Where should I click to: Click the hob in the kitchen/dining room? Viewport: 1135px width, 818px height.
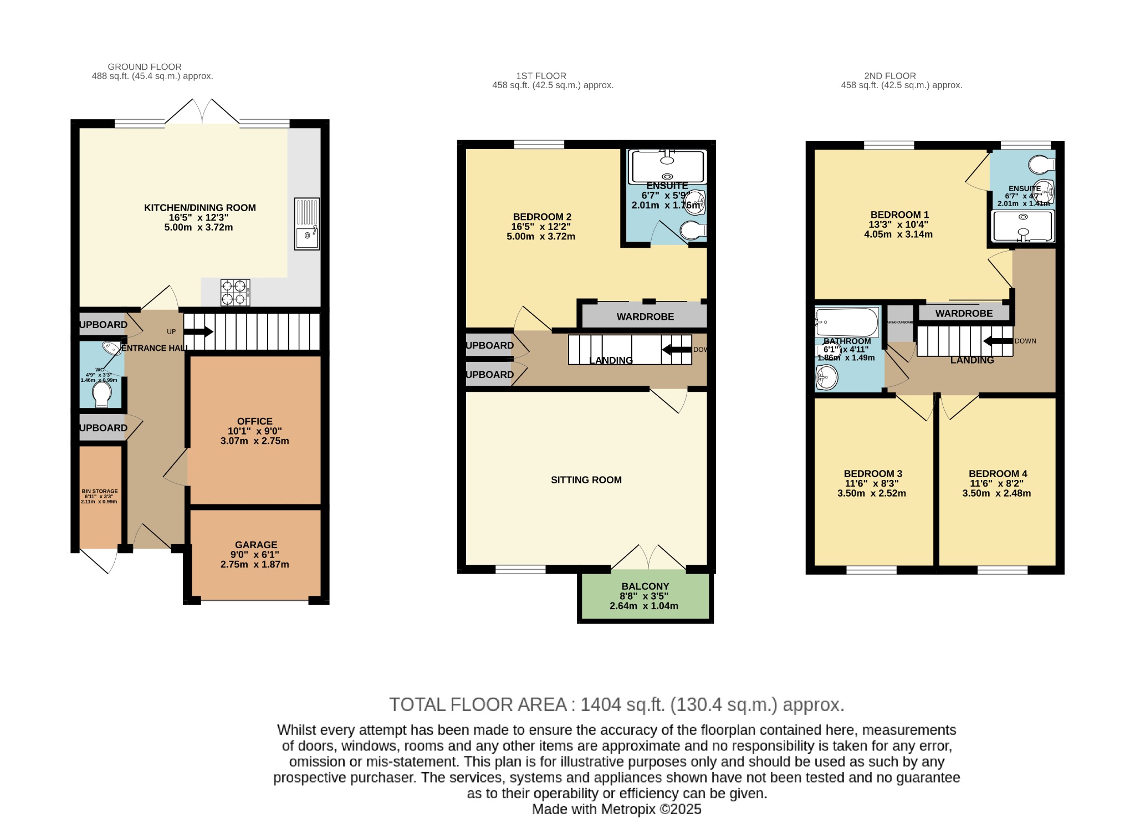(x=235, y=293)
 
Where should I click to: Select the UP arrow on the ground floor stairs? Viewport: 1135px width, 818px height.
(x=198, y=332)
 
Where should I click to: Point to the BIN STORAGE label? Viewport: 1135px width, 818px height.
(x=100, y=491)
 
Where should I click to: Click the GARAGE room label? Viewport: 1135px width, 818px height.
(x=255, y=545)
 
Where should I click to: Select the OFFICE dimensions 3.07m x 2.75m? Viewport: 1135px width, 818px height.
(x=254, y=441)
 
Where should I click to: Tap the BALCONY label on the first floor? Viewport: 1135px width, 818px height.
(x=645, y=586)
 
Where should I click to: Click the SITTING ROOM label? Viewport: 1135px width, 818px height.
(x=586, y=480)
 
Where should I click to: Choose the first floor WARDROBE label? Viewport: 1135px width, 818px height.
(x=645, y=317)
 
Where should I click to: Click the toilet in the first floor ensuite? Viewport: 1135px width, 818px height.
(x=693, y=231)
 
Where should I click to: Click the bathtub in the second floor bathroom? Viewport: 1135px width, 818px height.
(x=846, y=322)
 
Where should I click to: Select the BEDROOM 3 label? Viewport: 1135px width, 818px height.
(x=872, y=474)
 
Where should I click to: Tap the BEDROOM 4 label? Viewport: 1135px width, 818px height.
(x=998, y=474)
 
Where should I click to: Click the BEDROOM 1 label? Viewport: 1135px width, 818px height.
(x=899, y=215)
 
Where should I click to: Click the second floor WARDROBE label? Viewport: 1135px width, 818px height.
(x=964, y=314)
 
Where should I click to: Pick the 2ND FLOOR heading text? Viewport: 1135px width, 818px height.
(x=889, y=76)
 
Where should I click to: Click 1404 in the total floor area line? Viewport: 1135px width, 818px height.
(x=601, y=705)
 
